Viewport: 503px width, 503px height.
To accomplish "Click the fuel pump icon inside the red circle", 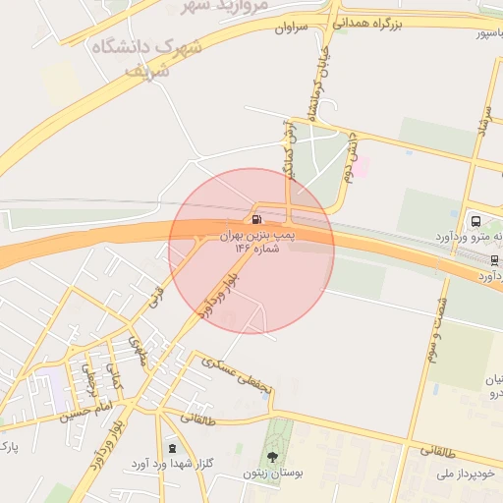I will click(256, 219).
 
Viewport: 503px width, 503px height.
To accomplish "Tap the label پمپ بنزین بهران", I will click(257, 236).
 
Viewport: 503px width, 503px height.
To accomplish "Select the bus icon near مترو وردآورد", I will click(476, 221).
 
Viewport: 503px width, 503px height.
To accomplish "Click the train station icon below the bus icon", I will click(494, 259).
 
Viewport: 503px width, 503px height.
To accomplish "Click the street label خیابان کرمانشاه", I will click(317, 88).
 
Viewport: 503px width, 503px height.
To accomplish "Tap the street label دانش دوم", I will click(350, 158).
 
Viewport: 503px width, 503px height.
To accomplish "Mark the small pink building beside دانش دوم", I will click(361, 167).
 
